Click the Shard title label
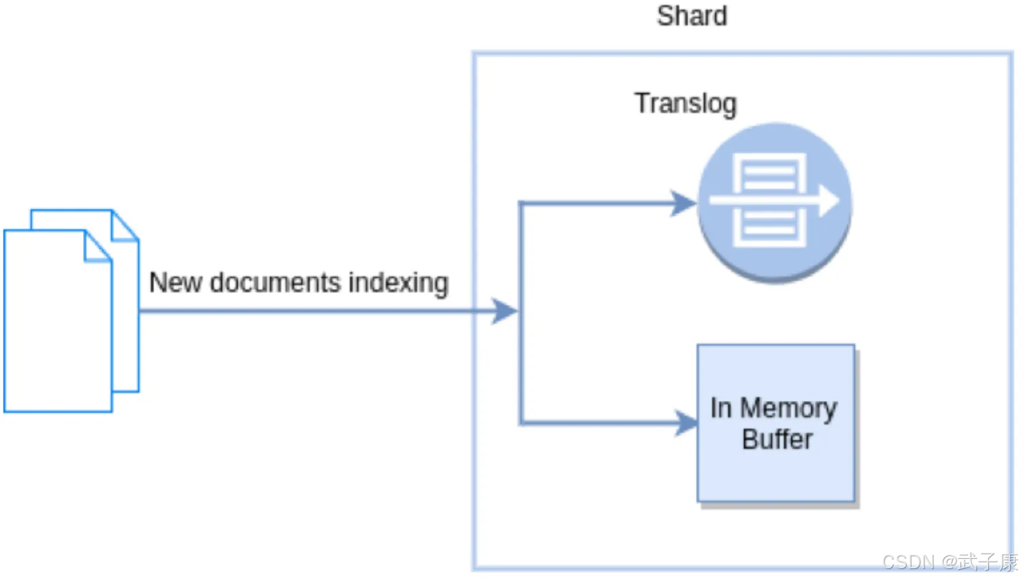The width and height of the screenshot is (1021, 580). [x=692, y=16]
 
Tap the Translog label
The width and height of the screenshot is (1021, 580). [x=685, y=103]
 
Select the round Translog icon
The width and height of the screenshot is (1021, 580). [x=775, y=202]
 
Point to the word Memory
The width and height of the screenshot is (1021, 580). [x=788, y=408]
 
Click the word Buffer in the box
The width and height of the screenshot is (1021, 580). [x=777, y=440]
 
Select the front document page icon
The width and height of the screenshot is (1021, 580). [x=57, y=327]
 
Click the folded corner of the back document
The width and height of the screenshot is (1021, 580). [x=125, y=225]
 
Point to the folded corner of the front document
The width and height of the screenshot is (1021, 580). [x=97, y=246]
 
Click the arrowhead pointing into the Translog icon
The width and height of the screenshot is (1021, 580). [x=683, y=203]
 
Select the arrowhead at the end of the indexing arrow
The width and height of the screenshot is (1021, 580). [x=504, y=311]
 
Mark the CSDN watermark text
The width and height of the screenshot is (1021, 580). [x=949, y=562]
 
